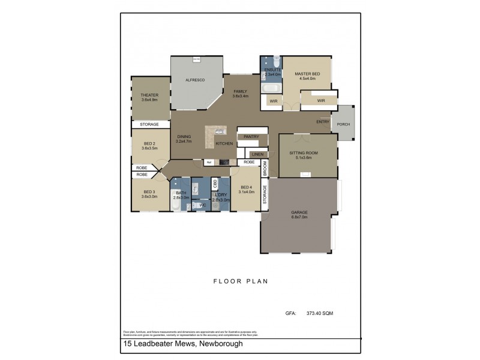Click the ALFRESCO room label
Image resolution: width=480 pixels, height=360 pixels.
[196, 80]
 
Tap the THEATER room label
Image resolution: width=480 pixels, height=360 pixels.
[149, 95]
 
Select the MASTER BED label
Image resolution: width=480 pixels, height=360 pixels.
[307, 74]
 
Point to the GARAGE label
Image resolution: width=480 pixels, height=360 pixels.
[299, 213]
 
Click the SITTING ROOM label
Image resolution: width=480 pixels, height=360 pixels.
[304, 153]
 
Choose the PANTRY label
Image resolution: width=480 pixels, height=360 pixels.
[251, 137]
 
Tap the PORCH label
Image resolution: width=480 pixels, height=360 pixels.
[343, 124]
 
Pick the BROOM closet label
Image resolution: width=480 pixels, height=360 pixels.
[265, 169]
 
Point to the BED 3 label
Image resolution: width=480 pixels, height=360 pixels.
[149, 192]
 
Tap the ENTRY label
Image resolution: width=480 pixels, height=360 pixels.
[323, 122]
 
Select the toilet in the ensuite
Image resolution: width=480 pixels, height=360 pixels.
[276, 62]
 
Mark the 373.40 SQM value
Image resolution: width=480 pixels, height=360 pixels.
[320, 313]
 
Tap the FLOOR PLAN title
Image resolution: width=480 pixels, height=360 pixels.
[240, 280]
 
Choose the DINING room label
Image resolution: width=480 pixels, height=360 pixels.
[184, 137]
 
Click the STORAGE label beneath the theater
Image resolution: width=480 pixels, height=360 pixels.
[149, 124]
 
